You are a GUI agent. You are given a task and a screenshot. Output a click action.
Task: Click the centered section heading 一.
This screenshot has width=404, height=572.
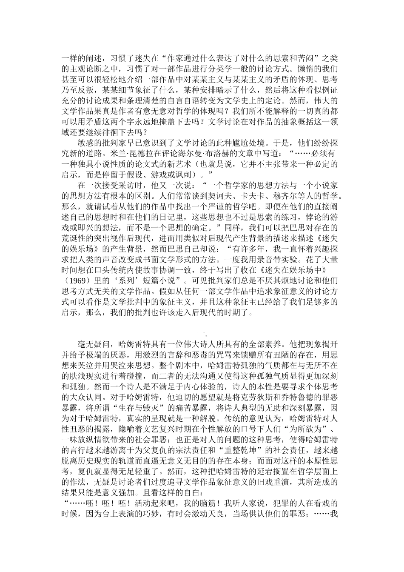[202, 333]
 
